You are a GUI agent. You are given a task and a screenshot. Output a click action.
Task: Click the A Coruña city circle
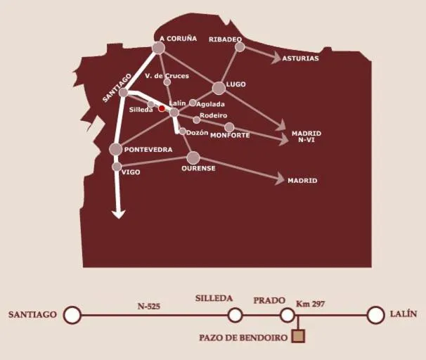coord(158,48)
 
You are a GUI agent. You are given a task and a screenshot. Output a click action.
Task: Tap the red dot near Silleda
coord(162,108)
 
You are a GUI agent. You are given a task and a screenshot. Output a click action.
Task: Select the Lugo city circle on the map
coord(219,88)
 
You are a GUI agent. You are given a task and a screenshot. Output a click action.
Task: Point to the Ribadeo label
coord(225,39)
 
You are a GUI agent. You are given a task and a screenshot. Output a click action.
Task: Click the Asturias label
coord(300,58)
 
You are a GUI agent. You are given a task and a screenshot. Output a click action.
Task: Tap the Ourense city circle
coord(193,157)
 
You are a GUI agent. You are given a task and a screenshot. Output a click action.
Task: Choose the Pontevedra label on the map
coord(148,150)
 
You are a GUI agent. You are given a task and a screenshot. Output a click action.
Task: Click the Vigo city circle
coord(117,167)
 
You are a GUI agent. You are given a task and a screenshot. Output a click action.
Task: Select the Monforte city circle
coord(229,127)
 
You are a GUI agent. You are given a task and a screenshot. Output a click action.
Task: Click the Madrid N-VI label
coord(305,136)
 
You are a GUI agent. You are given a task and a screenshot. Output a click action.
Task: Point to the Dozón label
coord(198,132)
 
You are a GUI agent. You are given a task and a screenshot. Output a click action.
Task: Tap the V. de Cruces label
coord(167,76)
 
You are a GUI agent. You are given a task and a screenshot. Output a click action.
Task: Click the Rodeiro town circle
coord(197,120)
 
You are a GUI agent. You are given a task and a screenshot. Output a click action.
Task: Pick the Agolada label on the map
coord(211,104)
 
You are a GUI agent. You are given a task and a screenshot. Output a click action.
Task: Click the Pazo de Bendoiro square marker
coord(298,336)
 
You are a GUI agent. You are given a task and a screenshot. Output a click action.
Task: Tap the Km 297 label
coord(310,304)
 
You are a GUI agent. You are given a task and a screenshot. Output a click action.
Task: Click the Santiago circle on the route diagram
coord(72,315)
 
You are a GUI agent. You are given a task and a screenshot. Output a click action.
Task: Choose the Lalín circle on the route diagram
coord(376,315)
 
